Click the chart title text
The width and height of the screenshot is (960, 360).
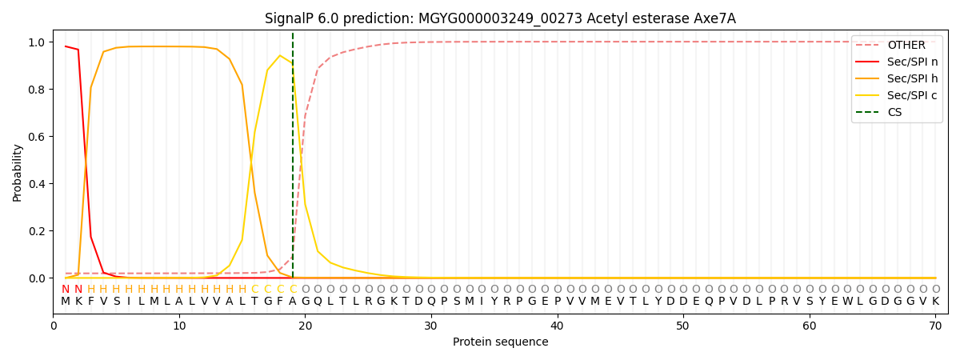click(x=500, y=18)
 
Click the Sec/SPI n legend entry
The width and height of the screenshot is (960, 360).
click(x=912, y=62)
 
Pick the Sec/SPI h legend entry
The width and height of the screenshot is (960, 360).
click(x=912, y=78)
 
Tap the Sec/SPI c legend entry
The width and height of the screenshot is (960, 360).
click(x=912, y=95)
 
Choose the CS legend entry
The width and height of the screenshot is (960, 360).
click(x=894, y=112)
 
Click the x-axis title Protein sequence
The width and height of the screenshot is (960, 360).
click(x=500, y=342)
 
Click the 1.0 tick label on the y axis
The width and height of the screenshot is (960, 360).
click(x=37, y=42)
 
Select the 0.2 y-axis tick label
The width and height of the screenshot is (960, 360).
click(x=37, y=231)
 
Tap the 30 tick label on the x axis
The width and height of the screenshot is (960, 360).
click(x=431, y=326)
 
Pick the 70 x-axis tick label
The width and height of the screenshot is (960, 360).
click(x=935, y=326)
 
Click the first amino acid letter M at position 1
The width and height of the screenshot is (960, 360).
click(x=66, y=302)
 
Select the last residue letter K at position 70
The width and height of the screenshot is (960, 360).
click(x=935, y=302)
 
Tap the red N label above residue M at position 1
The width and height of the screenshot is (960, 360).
click(x=66, y=290)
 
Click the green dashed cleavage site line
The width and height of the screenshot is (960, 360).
click(x=293, y=160)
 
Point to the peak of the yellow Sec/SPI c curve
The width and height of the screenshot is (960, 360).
click(x=280, y=56)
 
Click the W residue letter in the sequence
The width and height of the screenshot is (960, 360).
click(x=847, y=302)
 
